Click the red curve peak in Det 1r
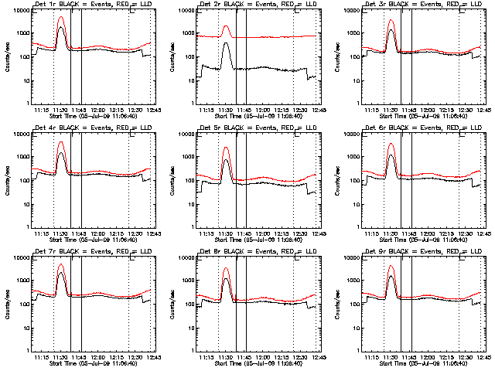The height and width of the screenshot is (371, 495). [x=61, y=17]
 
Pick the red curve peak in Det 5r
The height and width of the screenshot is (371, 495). [x=226, y=147]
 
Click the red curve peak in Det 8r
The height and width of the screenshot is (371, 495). [x=226, y=269]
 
